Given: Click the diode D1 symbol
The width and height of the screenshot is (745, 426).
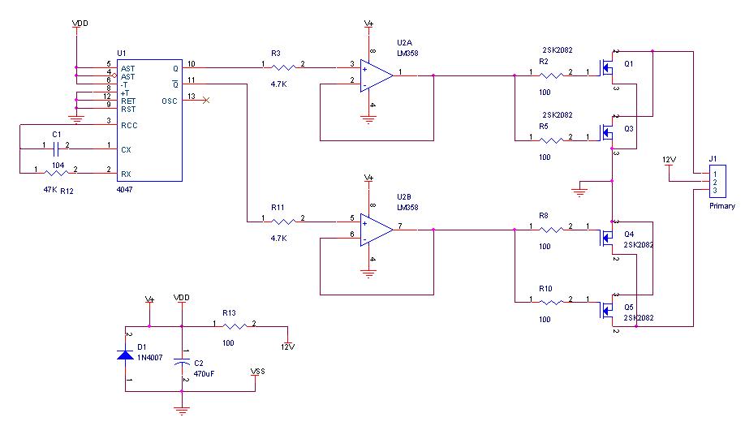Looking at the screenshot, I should (126, 355).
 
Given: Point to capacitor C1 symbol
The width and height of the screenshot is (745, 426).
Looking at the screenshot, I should (55, 149).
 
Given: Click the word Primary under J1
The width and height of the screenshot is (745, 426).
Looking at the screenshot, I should (721, 206).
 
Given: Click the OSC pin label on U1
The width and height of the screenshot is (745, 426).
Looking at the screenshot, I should (170, 101).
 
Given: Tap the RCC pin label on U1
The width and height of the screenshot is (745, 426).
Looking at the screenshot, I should (129, 125).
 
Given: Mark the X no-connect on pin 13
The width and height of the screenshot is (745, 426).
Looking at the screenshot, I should (205, 100).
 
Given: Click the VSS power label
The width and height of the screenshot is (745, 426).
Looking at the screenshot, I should (258, 372).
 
